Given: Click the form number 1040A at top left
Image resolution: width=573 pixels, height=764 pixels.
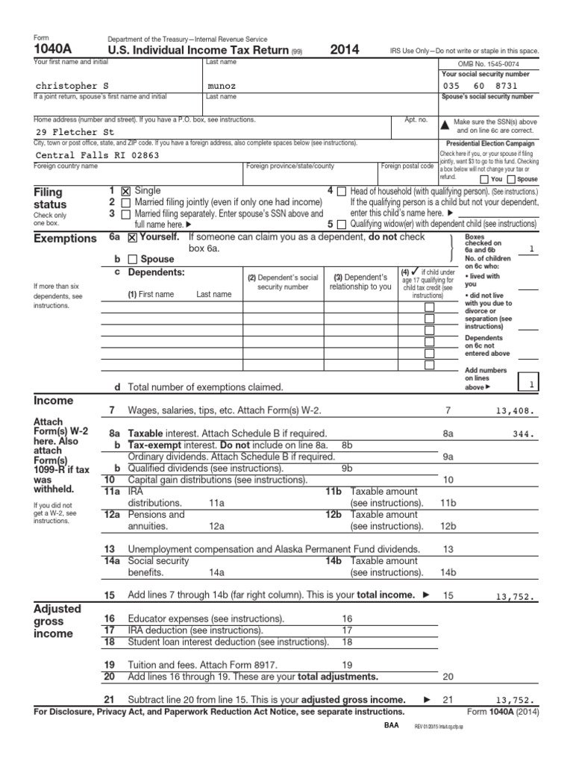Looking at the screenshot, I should [51, 50].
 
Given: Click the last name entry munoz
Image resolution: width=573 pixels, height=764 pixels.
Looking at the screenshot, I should [222, 87].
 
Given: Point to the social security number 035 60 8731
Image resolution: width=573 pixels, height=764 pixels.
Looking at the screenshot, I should [479, 87].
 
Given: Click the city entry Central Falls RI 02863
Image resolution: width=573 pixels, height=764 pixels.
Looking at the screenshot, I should [98, 155].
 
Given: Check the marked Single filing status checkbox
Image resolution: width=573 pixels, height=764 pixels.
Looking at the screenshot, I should [125, 192].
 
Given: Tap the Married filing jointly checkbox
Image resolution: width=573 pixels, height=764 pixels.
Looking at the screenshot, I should [125, 203].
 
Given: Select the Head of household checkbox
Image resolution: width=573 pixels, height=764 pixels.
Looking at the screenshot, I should [341, 192].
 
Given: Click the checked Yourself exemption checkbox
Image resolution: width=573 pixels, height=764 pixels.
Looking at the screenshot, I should [132, 238].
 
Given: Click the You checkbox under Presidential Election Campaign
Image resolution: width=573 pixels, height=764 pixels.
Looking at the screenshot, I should [485, 180].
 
